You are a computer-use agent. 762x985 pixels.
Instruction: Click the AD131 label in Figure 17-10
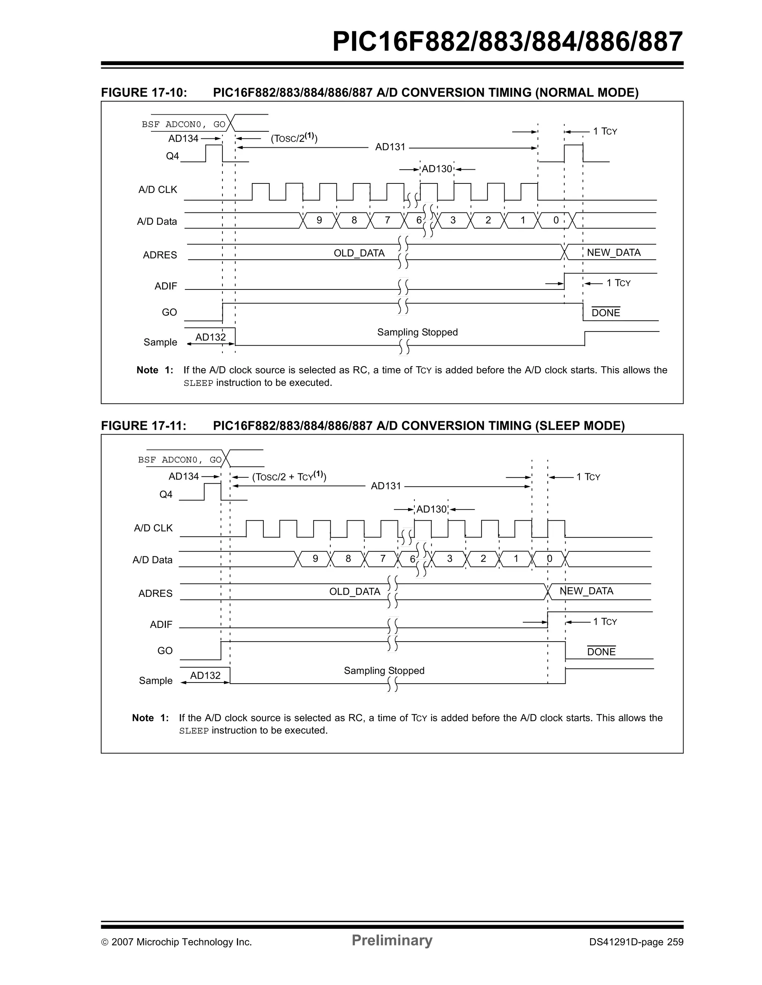pyautogui.click(x=390, y=147)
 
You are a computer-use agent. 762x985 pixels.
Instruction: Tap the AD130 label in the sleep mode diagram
pyautogui.click(x=431, y=509)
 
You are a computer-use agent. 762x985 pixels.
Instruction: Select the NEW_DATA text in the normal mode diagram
pyautogui.click(x=613, y=253)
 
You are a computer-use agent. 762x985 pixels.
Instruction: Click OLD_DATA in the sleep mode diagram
pyautogui.click(x=355, y=591)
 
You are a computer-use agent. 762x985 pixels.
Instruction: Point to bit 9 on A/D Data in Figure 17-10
pyautogui.click(x=319, y=220)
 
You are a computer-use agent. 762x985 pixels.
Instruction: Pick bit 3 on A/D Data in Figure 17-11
pyautogui.click(x=449, y=559)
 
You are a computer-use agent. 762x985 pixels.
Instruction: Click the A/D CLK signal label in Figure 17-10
pyautogui.click(x=158, y=190)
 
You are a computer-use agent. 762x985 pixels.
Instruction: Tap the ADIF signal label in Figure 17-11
pyautogui.click(x=161, y=625)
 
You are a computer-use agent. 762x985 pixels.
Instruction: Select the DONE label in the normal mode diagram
pyautogui.click(x=605, y=313)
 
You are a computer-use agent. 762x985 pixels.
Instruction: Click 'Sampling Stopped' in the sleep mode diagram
pyautogui.click(x=384, y=671)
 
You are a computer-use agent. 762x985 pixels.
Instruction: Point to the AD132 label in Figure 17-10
pyautogui.click(x=210, y=338)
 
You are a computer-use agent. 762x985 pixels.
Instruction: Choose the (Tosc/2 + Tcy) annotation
pyautogui.click(x=289, y=477)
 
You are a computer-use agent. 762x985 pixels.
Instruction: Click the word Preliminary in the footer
pyautogui.click(x=392, y=940)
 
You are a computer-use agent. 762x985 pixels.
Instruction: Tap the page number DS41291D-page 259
pyautogui.click(x=636, y=942)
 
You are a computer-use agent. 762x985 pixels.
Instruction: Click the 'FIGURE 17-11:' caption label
pyautogui.click(x=143, y=426)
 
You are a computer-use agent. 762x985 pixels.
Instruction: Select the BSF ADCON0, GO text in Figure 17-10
pyautogui.click(x=183, y=125)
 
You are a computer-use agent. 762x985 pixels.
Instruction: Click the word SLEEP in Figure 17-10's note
pyautogui.click(x=198, y=383)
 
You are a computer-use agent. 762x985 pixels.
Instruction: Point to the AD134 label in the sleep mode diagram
pyautogui.click(x=183, y=476)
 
